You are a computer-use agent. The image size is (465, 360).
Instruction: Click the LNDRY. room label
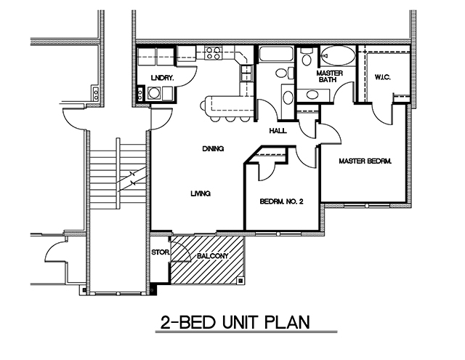coord(161,77)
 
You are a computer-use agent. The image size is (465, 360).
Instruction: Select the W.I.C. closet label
coord(383,77)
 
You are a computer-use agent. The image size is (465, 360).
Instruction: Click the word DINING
coord(212,148)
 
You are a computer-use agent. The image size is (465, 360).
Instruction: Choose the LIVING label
coord(201,193)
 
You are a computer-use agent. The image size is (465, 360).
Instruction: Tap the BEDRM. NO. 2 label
coord(282,201)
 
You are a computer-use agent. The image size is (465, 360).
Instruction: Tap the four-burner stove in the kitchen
coord(213,52)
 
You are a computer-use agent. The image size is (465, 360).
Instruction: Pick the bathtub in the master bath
coord(338,56)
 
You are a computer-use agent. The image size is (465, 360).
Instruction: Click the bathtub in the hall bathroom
coord(277,55)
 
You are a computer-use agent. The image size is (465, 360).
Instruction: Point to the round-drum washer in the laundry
coord(154,93)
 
